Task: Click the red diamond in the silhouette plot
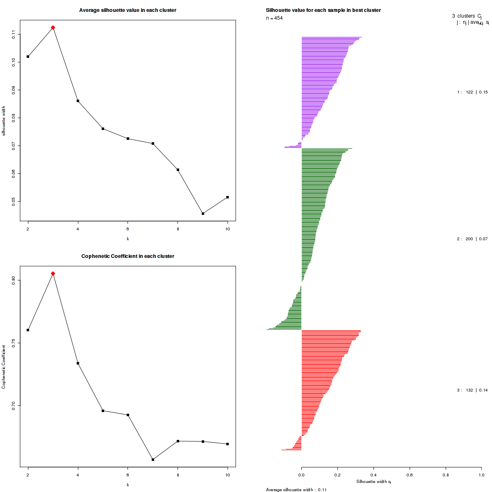tap(53, 27)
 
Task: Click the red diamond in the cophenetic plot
tap(53, 273)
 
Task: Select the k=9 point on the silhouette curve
tap(203, 214)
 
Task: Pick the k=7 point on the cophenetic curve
tap(153, 460)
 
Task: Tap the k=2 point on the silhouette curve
tap(28, 57)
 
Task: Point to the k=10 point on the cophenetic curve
tap(228, 444)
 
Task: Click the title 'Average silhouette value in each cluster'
tap(128, 10)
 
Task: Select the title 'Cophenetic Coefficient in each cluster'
tap(128, 256)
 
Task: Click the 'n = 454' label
tap(274, 18)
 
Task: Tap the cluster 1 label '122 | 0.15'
tap(472, 92)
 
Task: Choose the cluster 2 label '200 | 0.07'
tap(472, 239)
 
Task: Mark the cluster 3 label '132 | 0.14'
tap(472, 390)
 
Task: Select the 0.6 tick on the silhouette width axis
tap(409, 475)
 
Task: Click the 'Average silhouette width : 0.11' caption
tap(296, 490)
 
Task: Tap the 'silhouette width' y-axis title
tap(4, 121)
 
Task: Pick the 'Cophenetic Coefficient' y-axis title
tap(4, 367)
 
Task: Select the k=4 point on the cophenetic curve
tap(78, 363)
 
